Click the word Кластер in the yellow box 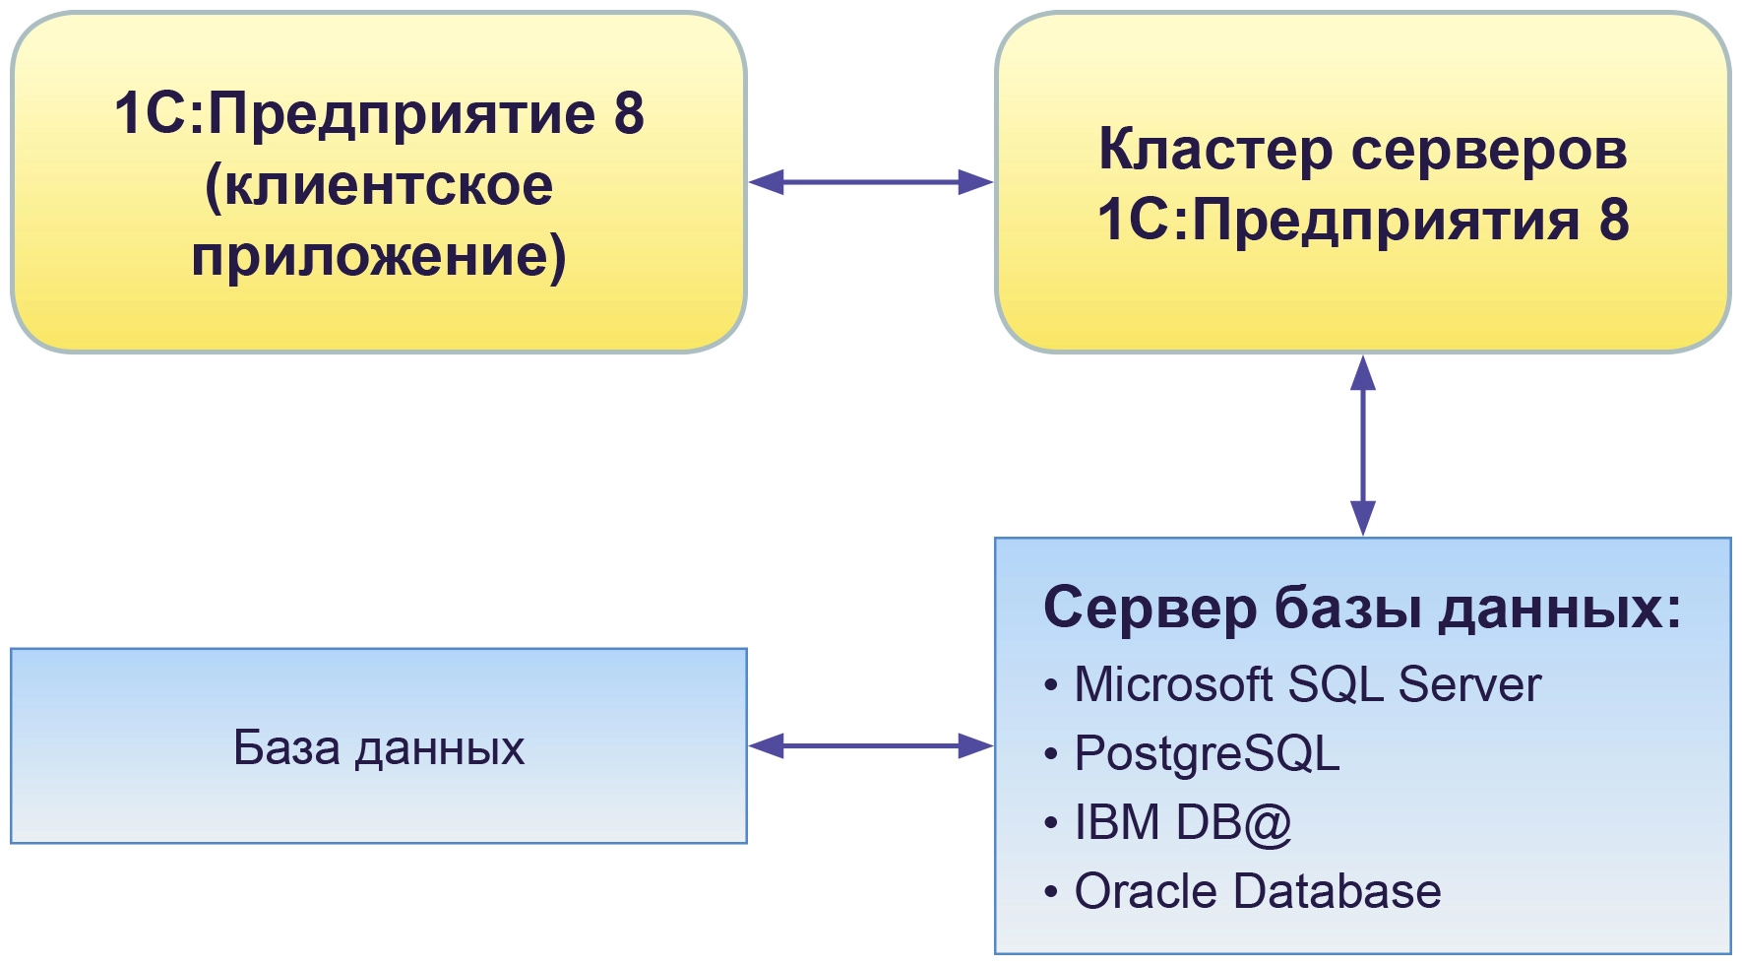click(1214, 151)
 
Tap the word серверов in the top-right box click(1489, 151)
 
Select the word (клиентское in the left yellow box click(379, 186)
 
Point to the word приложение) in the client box click(379, 256)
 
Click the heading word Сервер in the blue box click(1148, 608)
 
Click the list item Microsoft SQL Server click(1307, 684)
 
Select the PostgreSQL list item click(1207, 754)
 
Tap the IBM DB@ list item click(1182, 822)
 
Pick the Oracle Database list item click(1257, 891)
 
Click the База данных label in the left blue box click(379, 747)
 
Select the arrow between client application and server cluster click(871, 182)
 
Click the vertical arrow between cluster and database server click(1363, 445)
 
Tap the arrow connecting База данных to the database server click(871, 746)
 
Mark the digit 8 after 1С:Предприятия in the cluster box click(1614, 220)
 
